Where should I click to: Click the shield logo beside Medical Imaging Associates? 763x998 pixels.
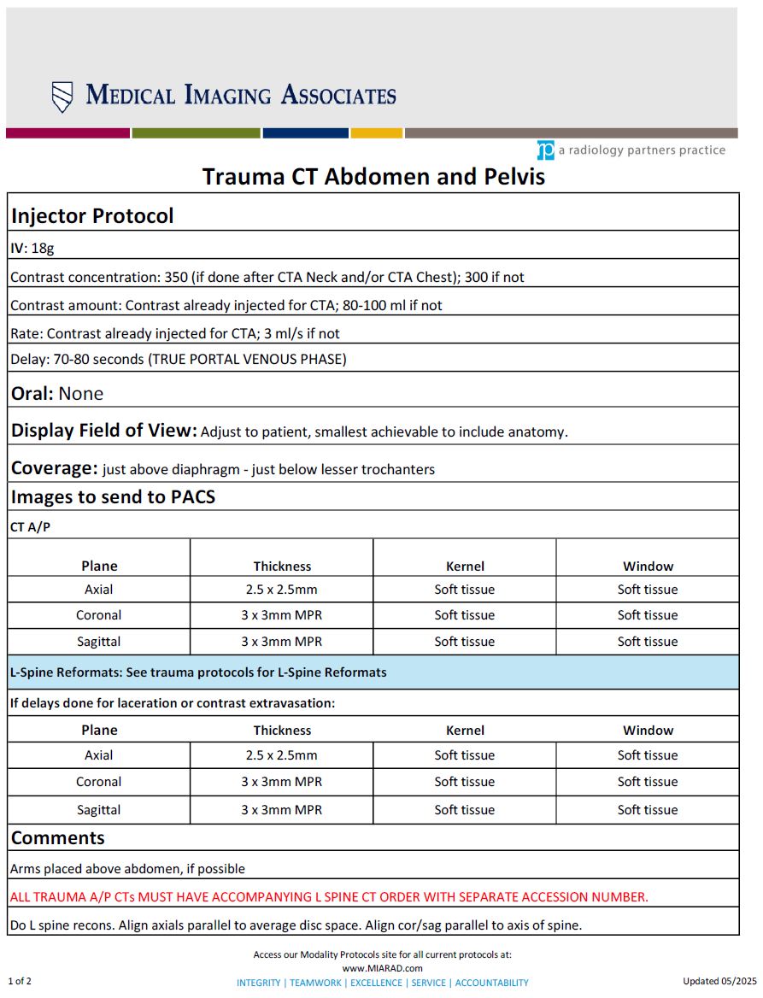[62, 97]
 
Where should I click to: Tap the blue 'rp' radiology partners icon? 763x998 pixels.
[545, 150]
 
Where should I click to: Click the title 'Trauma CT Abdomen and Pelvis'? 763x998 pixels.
[373, 177]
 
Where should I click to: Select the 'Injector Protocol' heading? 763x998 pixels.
[92, 216]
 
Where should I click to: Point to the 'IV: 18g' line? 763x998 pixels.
[32, 249]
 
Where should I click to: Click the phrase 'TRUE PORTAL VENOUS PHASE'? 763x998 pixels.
[248, 359]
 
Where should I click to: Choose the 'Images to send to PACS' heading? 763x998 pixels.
[113, 496]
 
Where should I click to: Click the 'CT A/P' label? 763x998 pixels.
[30, 527]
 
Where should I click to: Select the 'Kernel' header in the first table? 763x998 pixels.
[465, 566]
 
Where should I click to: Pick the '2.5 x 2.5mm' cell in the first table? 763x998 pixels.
[282, 590]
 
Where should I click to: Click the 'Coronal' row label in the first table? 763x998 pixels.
[99, 615]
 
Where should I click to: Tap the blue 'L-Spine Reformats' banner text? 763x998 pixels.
[198, 672]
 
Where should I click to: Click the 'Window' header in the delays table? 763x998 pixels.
[648, 731]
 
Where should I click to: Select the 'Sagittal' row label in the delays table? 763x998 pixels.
[99, 810]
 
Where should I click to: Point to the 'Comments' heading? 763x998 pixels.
[58, 838]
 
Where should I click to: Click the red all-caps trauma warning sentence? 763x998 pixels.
[329, 897]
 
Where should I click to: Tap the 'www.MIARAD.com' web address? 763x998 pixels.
[382, 968]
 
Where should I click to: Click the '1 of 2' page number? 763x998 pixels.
[20, 981]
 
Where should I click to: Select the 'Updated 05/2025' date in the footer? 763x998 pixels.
[720, 981]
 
